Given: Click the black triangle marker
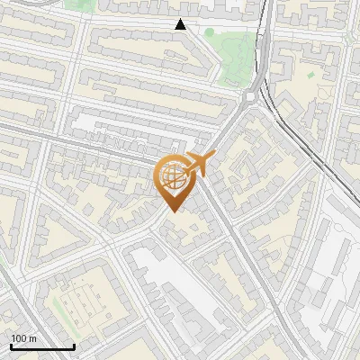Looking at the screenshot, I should point(181,24).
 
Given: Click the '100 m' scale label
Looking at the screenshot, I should point(24,337).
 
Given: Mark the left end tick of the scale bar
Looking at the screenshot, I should point(11,346).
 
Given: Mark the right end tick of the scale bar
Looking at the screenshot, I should point(74,346).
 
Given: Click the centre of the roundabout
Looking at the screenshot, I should point(252,93).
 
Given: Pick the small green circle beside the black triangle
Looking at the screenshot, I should point(209,32).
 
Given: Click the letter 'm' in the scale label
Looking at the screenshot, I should point(33,337).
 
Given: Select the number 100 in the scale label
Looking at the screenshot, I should point(20,337).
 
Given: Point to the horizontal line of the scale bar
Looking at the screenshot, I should point(42,347).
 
